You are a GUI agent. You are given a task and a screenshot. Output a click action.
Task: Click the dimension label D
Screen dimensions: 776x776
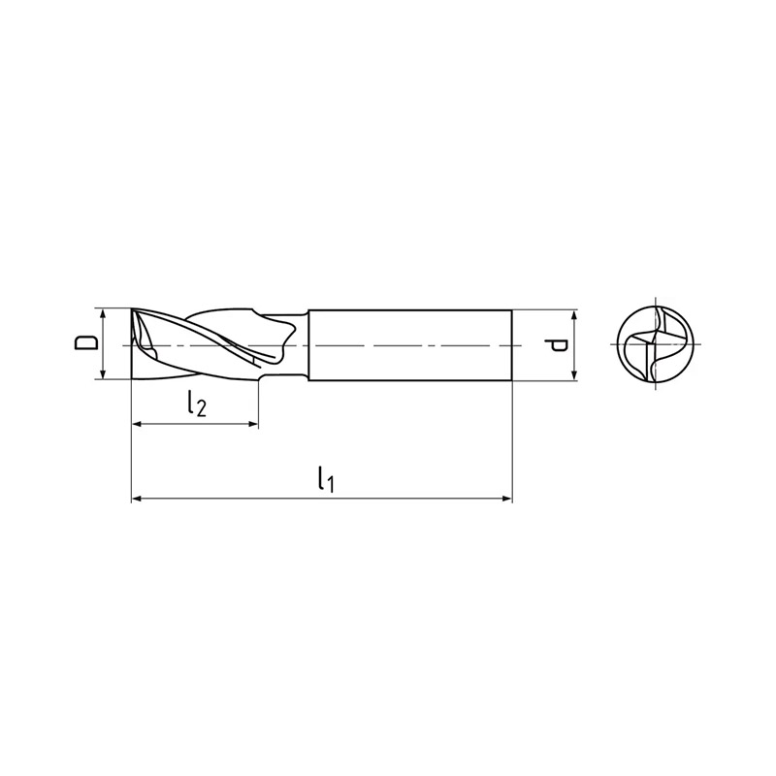coord(86,343)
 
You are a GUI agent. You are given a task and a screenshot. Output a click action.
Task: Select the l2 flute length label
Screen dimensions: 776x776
coord(197,404)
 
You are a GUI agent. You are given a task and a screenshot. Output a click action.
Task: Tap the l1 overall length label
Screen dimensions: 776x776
coord(326,478)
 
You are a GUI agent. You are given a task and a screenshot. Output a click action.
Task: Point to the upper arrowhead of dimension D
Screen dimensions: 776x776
coord(103,313)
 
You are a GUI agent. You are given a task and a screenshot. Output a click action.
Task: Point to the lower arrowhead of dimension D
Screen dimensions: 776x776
coord(103,374)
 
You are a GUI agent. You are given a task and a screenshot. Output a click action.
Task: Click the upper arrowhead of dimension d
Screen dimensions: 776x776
coord(574,314)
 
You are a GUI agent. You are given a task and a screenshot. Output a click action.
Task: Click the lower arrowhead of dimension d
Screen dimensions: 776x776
coord(574,375)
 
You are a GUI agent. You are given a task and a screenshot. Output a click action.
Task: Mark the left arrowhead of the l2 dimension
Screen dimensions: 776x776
coord(137,424)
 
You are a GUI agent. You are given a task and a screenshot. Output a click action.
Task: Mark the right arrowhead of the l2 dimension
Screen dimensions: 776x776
coord(253,424)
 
